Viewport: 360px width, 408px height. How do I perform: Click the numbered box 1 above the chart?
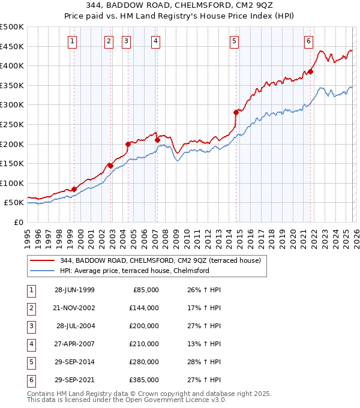pyautogui.click(x=72, y=41)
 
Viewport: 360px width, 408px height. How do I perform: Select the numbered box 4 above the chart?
pyautogui.click(x=155, y=41)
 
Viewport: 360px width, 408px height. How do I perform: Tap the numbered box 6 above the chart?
pyautogui.click(x=308, y=41)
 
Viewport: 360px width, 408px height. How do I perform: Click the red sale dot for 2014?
pyautogui.click(x=236, y=112)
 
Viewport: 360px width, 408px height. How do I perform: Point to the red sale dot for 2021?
pyautogui.click(x=310, y=71)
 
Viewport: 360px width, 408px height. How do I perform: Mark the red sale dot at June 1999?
pyautogui.click(x=74, y=189)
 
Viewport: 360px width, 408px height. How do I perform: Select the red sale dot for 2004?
pyautogui.click(x=128, y=144)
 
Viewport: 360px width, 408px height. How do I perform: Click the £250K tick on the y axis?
pyautogui.click(x=12, y=124)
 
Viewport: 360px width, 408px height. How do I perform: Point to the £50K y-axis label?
pyautogui.click(x=14, y=203)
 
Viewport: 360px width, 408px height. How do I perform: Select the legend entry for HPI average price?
pyautogui.click(x=134, y=271)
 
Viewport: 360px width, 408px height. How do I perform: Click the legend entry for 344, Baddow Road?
pyautogui.click(x=160, y=260)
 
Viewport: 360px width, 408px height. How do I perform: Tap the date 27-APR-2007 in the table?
pyautogui.click(x=74, y=344)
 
